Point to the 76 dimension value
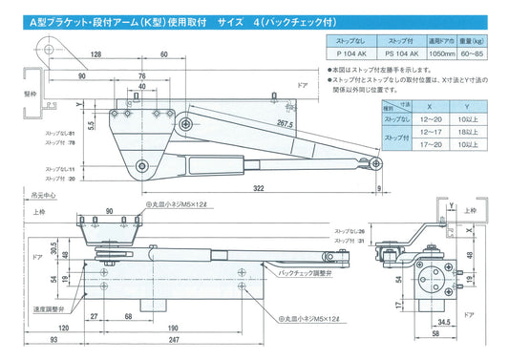139,75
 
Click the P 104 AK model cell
350,55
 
